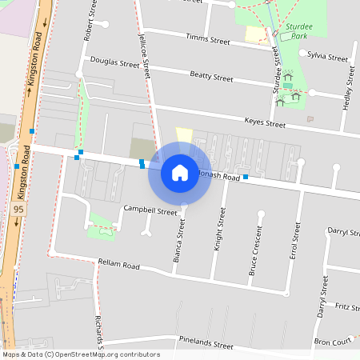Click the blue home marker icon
(x=180, y=172)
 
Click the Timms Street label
(x=208, y=38)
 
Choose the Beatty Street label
(x=211, y=78)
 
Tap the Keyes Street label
(x=265, y=124)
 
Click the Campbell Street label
(x=150, y=211)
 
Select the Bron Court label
(x=333, y=342)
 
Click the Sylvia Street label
(x=328, y=58)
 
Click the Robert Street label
(x=87, y=22)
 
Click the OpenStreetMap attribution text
(x=81, y=354)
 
